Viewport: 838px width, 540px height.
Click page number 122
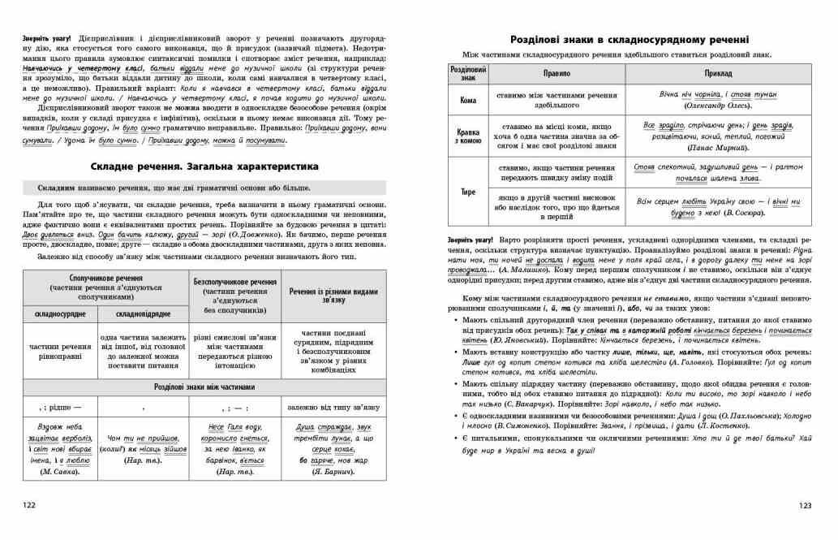click(29, 504)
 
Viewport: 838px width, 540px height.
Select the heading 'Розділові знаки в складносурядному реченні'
click(629, 39)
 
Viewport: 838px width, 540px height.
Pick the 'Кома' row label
click(468, 99)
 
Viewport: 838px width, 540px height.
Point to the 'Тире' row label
click(468, 192)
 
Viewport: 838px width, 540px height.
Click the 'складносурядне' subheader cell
click(61, 313)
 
